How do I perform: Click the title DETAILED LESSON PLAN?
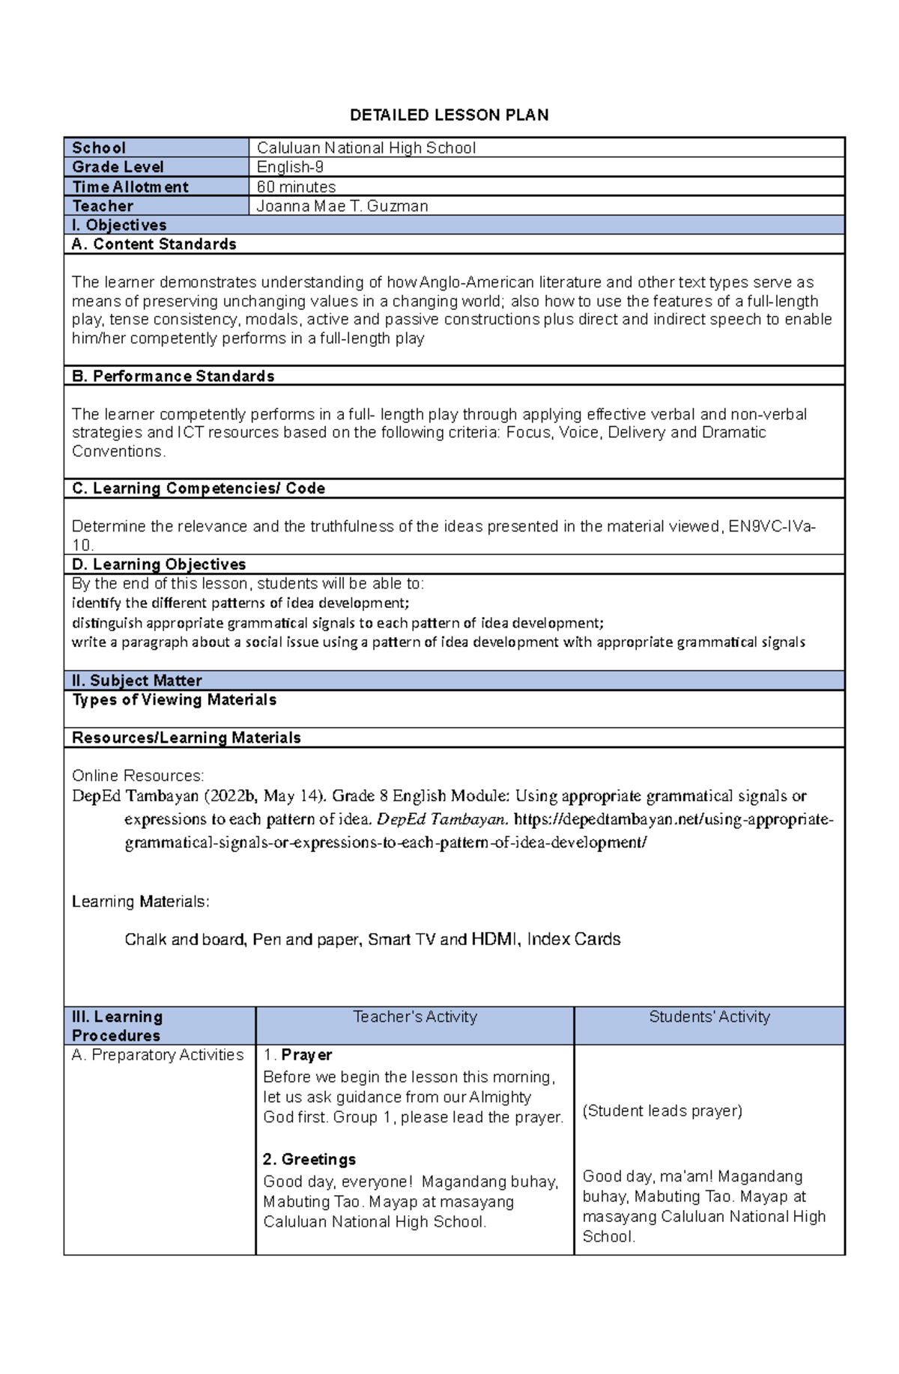[449, 115]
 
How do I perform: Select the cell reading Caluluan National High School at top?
[366, 148]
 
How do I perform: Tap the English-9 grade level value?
[290, 167]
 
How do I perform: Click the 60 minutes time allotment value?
[296, 186]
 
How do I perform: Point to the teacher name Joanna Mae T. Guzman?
[342, 206]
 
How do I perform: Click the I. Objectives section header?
[119, 225]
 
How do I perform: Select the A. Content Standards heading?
[154, 244]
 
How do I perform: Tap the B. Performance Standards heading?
[173, 376]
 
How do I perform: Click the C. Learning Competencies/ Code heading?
[198, 488]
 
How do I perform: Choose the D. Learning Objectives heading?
[159, 565]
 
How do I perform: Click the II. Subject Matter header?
[136, 681]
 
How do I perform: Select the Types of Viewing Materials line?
[174, 699]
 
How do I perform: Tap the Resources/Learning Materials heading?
[186, 738]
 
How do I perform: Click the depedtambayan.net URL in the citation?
[674, 819]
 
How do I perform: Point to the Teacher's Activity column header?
[414, 1017]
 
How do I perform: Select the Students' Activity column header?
[709, 1017]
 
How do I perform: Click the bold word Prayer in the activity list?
[306, 1055]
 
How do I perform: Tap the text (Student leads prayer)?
[662, 1111]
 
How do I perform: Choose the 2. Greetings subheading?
[309, 1160]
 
